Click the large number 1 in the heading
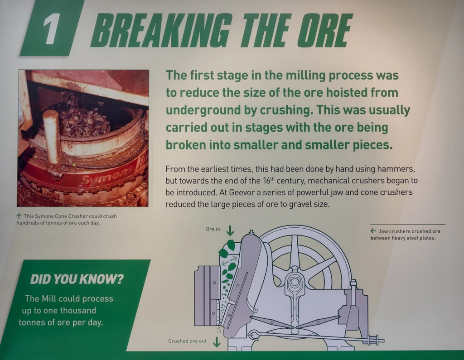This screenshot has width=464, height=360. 49,29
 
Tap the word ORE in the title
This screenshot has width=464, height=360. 324,30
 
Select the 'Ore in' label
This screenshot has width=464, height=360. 213,229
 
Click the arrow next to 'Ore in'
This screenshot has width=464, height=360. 230,230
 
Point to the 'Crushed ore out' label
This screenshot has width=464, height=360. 187,341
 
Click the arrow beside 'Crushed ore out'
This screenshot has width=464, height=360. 217,341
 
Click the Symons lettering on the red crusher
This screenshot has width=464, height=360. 107,178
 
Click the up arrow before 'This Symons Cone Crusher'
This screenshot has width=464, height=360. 19,216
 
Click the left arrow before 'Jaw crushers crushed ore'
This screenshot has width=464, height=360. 373,231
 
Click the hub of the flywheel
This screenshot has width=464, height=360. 295,282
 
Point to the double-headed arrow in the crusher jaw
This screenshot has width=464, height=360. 229,261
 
